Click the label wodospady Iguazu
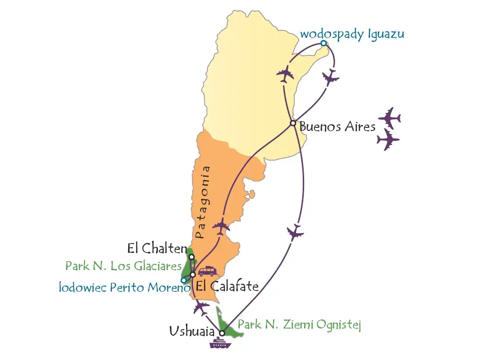click(352, 34)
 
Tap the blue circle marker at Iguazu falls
click(323, 44)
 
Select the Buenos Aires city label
click(337, 126)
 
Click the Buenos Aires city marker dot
click(293, 123)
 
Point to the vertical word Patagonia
click(202, 202)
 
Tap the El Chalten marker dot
click(192, 257)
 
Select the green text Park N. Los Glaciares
click(123, 265)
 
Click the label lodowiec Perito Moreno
click(124, 287)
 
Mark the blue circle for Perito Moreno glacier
click(184, 280)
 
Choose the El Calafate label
click(227, 286)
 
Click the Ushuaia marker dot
click(222, 333)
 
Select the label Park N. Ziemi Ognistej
click(299, 324)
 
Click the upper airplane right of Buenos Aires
click(389, 118)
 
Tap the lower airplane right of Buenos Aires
click(388, 140)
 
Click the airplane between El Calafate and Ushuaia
click(201, 308)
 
